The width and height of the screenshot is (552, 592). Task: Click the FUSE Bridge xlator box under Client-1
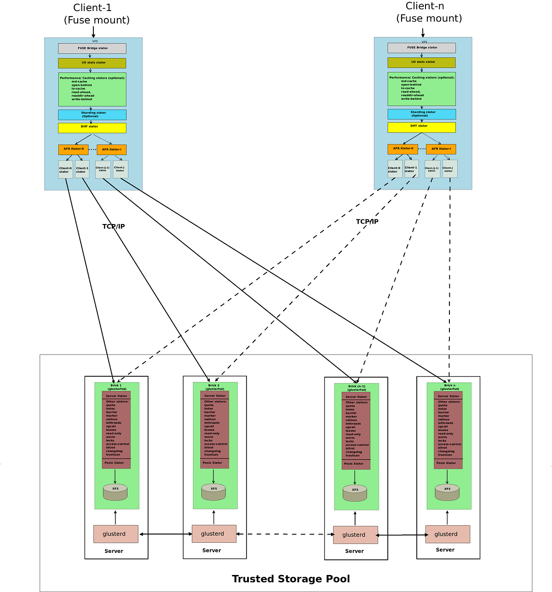(92, 48)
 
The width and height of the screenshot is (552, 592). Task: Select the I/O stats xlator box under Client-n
(421, 62)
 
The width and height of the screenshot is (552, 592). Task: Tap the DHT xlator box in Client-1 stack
(92, 127)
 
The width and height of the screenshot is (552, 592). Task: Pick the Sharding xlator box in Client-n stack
(421, 114)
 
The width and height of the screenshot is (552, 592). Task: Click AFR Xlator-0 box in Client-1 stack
(74, 149)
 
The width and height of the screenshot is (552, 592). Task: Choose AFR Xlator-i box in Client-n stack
(441, 149)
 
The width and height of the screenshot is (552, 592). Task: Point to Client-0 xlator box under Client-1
(65, 170)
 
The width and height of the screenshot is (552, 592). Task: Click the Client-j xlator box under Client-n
(449, 169)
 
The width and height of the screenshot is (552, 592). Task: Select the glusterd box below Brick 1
(115, 534)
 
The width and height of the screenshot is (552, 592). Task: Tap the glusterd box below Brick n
(448, 534)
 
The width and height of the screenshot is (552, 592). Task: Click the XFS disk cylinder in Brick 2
(213, 492)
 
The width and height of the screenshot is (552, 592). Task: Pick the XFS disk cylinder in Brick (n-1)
(355, 493)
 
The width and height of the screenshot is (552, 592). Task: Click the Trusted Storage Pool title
(291, 579)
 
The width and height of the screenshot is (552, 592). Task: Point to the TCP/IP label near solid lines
(113, 226)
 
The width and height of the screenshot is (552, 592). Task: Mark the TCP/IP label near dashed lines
(367, 222)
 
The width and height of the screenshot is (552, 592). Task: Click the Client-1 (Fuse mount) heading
(97, 14)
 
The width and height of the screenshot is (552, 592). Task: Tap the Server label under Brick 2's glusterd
(212, 550)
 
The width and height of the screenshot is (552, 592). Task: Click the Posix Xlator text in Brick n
(446, 463)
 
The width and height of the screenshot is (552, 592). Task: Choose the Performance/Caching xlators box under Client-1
(92, 89)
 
